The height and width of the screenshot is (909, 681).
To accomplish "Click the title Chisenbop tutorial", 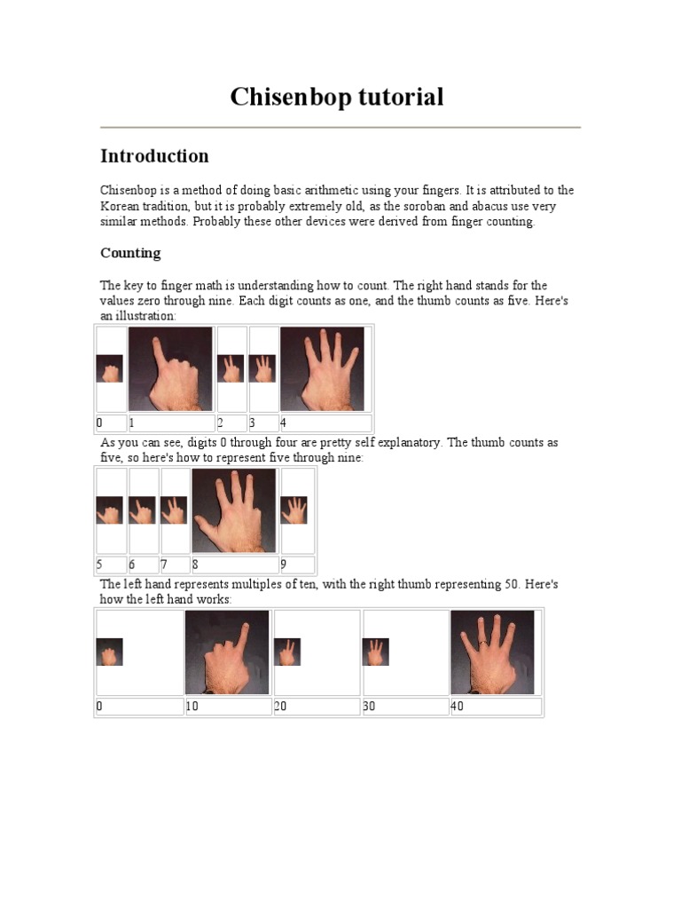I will tap(337, 97).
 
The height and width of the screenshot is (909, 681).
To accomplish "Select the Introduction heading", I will tap(154, 156).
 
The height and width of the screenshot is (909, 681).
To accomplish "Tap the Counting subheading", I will tap(130, 253).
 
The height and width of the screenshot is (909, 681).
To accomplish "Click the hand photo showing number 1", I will tap(171, 368).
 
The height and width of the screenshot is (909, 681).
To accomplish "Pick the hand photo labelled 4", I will tap(322, 368).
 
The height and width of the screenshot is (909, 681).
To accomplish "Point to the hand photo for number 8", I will tap(234, 510).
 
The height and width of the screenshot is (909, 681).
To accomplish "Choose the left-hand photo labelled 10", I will tap(227, 652).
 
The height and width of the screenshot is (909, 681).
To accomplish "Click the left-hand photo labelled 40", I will tap(492, 652).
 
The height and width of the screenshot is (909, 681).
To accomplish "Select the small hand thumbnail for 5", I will tap(110, 510).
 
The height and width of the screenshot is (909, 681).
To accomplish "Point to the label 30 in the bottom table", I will tap(371, 707).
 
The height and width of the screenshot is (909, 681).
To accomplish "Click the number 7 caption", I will tap(164, 565).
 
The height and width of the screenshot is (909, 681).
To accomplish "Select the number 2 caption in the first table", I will tap(222, 423).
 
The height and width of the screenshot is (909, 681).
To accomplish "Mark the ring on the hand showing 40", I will tap(482, 642).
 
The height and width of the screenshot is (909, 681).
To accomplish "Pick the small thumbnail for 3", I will tap(262, 368).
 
